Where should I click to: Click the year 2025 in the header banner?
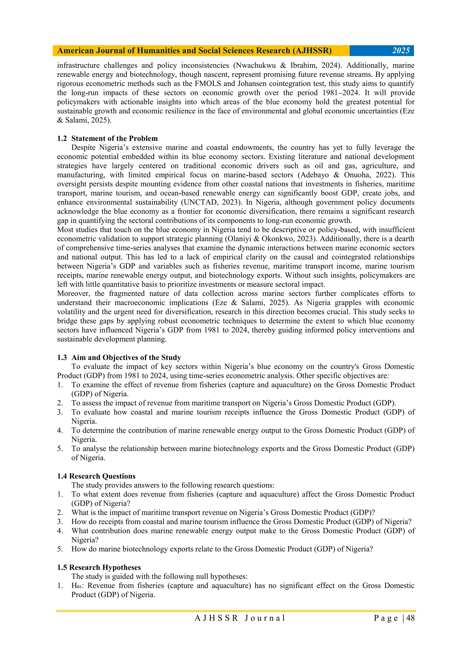click(401, 51)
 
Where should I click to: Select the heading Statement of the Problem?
click(115, 138)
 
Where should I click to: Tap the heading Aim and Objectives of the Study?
click(126, 357)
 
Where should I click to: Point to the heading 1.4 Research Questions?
click(96, 476)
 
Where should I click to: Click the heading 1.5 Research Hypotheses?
click(99, 567)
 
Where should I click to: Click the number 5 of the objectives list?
click(60, 449)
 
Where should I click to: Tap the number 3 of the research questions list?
click(60, 522)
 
